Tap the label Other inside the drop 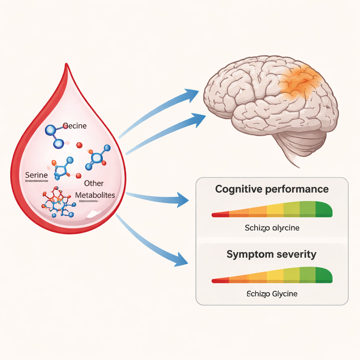pos(94,184)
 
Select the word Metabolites pos(95,195)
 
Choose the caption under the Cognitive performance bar pos(272,228)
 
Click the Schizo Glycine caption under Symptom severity pos(272,294)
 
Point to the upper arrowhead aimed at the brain pos(193,95)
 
